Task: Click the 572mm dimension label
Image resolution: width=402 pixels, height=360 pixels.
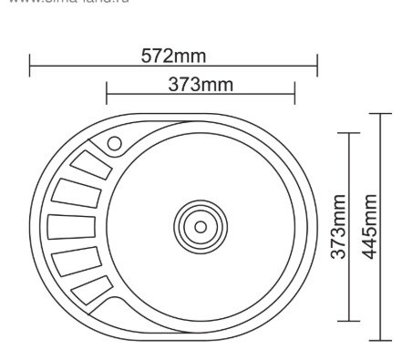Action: pyautogui.click(x=173, y=57)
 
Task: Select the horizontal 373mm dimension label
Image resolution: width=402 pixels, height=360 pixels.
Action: pyautogui.click(x=201, y=85)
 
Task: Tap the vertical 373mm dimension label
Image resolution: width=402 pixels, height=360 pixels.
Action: pyautogui.click(x=338, y=227)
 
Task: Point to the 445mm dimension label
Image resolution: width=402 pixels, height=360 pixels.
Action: pyautogui.click(x=369, y=226)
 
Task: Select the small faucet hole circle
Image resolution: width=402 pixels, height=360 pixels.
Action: pyautogui.click(x=114, y=143)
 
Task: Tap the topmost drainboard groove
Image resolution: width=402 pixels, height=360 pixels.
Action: pyautogui.click(x=91, y=165)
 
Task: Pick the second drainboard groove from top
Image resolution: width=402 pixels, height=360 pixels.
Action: pyautogui.click(x=77, y=193)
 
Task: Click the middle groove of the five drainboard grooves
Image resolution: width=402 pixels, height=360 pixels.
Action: pyautogui.click(x=71, y=226)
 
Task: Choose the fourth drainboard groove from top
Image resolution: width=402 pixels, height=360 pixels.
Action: pyautogui.click(x=77, y=260)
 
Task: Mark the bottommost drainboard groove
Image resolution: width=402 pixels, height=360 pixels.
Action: pyautogui.click(x=92, y=289)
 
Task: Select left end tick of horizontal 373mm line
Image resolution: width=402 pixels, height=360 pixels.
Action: pyautogui.click(x=107, y=93)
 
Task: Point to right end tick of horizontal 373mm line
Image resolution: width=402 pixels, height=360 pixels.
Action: pyautogui.click(x=294, y=93)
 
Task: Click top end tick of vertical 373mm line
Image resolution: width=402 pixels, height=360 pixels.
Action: pyautogui.click(x=349, y=133)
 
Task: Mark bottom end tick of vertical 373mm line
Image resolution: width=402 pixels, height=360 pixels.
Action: pyautogui.click(x=349, y=320)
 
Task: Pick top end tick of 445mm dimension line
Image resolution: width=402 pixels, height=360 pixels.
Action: pyautogui.click(x=381, y=113)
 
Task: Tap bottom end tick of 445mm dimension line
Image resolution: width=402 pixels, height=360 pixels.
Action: pyautogui.click(x=381, y=339)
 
